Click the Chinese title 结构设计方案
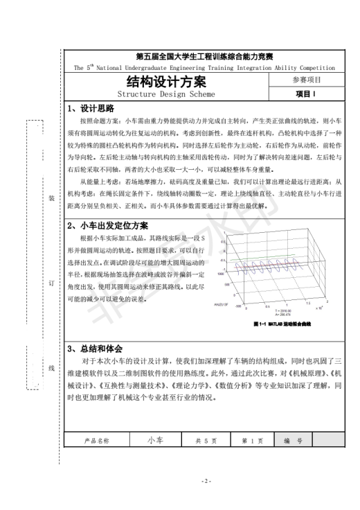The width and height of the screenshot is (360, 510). pos(166,80)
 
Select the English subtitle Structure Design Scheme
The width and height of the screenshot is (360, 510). pos(166,94)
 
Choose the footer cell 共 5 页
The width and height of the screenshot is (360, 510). pos(206,440)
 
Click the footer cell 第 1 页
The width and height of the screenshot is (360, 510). pos(252,440)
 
